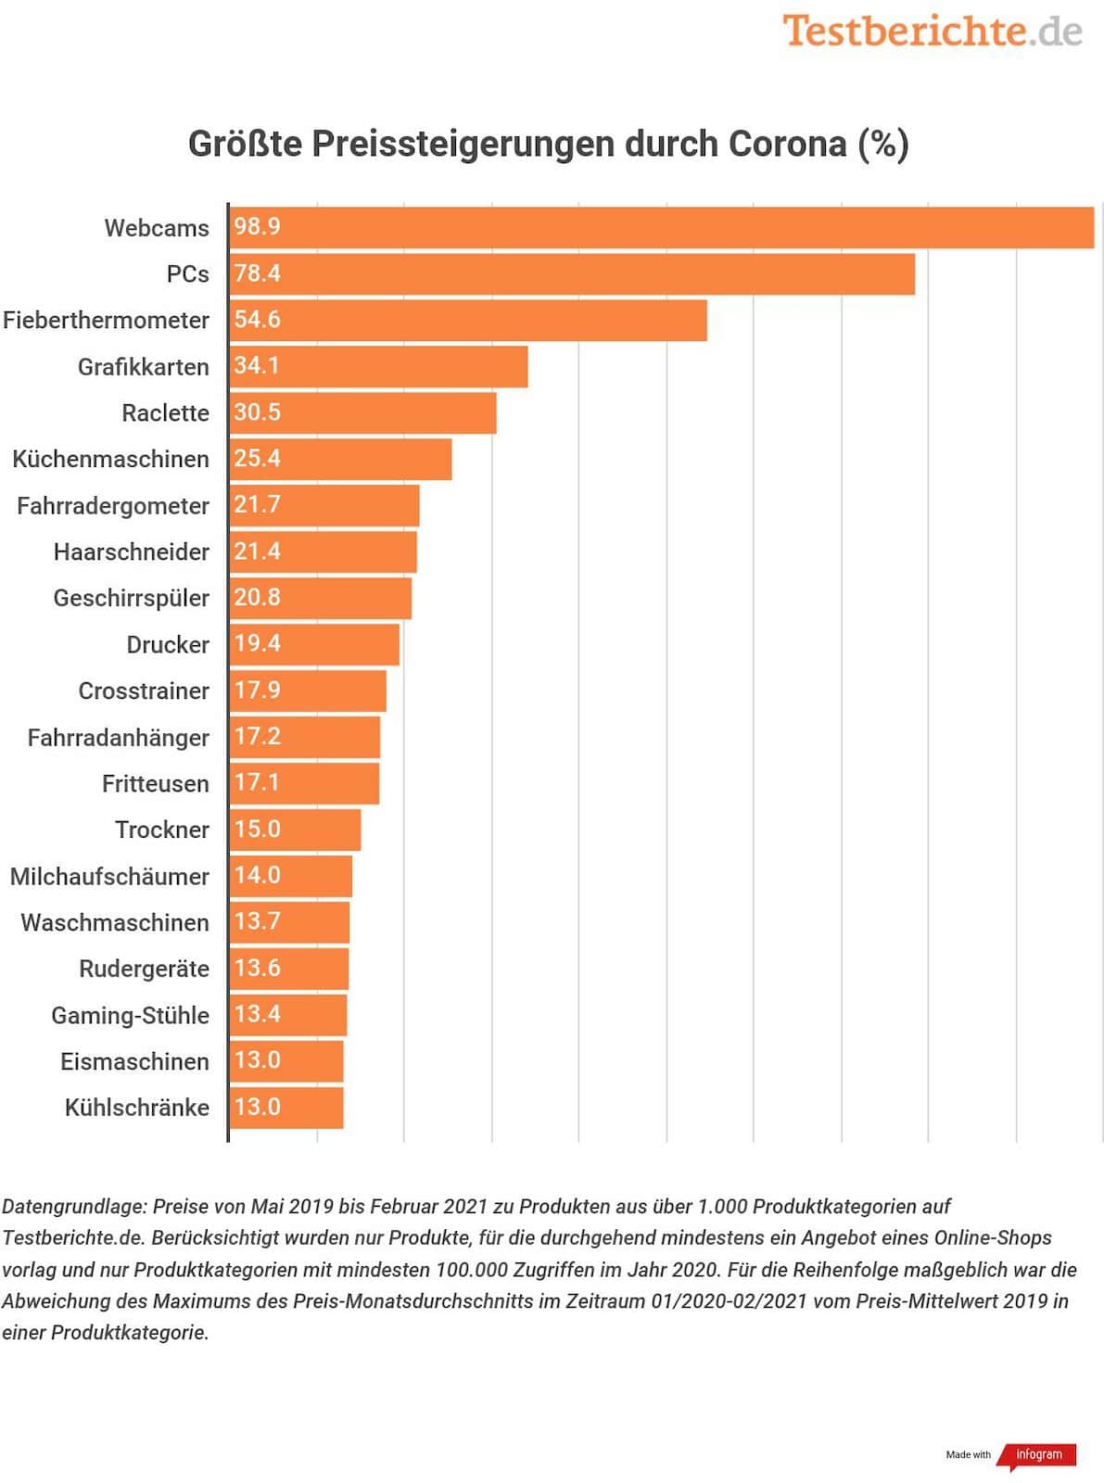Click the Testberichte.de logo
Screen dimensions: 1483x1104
click(932, 31)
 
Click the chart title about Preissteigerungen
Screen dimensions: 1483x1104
click(548, 144)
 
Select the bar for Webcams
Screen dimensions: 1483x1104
click(661, 228)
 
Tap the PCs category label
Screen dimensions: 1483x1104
click(188, 274)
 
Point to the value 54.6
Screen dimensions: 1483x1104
click(257, 320)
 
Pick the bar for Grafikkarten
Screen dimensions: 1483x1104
click(378, 367)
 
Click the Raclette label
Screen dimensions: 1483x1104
click(165, 413)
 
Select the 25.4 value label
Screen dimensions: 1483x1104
click(257, 459)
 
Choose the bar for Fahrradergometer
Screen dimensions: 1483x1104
click(324, 506)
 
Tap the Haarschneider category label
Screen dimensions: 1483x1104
click(131, 552)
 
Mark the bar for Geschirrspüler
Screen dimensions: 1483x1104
click(321, 599)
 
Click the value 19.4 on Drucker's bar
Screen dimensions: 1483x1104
click(257, 644)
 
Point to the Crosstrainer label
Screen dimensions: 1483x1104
click(144, 691)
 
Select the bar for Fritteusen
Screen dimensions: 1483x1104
click(304, 784)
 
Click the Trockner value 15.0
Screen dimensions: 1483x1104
click(257, 830)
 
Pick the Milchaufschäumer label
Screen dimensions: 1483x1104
click(109, 877)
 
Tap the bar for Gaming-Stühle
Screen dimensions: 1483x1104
click(288, 1016)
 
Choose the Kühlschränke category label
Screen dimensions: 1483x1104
click(137, 1108)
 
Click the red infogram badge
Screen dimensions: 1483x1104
click(1038, 1455)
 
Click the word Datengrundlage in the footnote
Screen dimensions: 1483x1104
click(74, 1207)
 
